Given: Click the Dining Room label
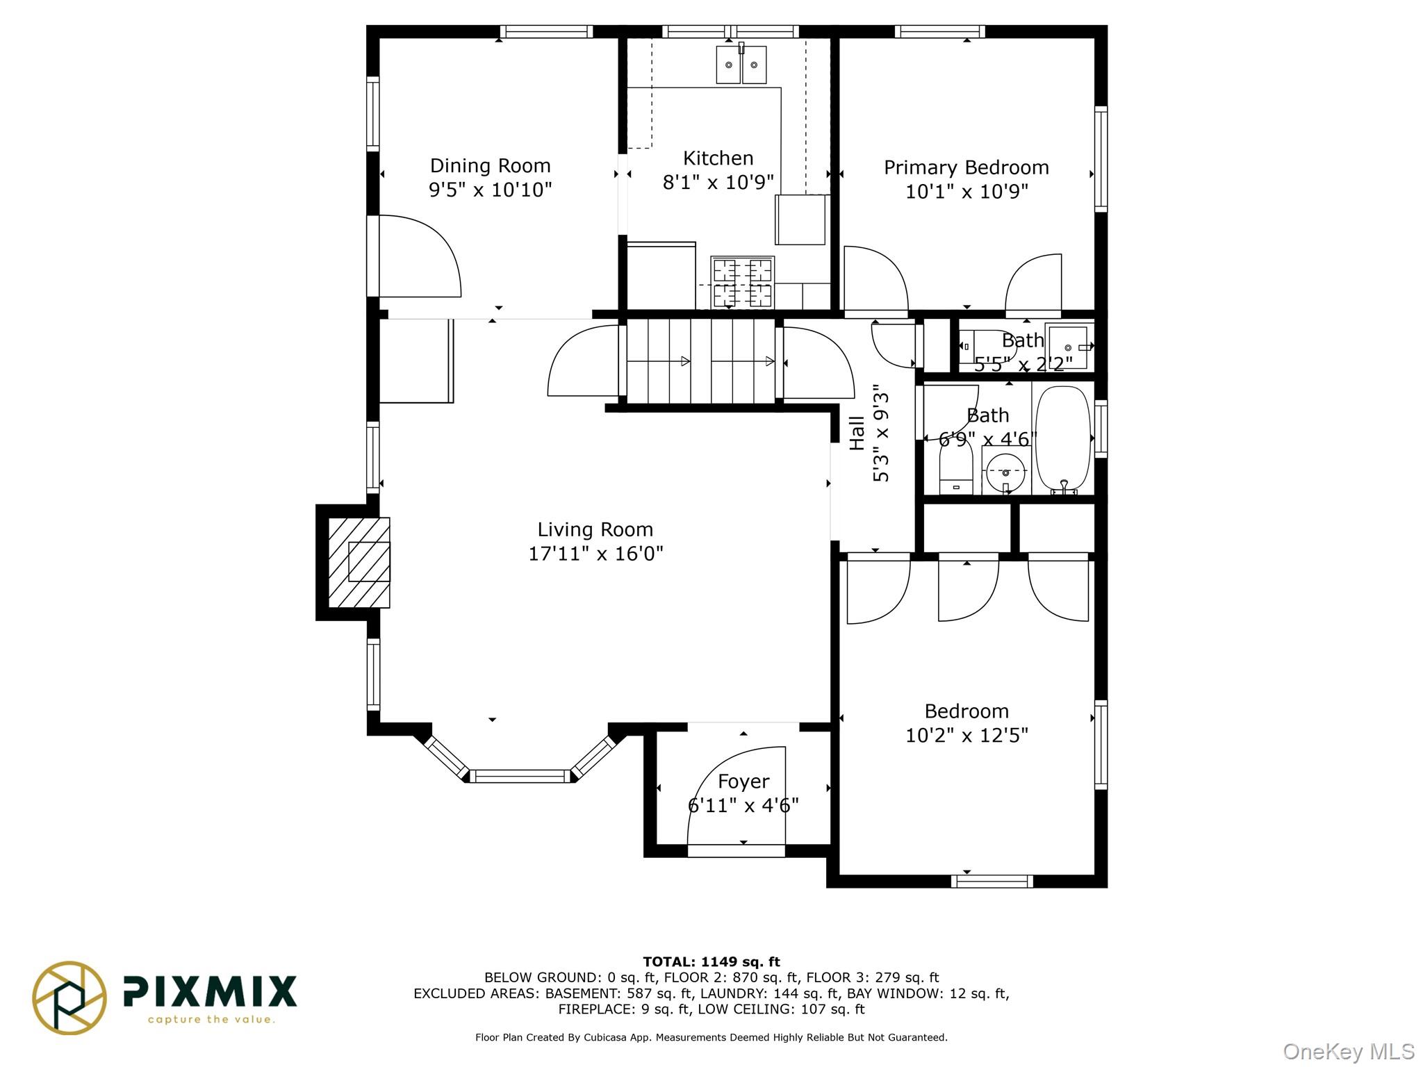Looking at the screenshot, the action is [x=490, y=166].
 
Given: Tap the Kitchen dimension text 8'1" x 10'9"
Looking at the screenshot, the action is [x=718, y=183].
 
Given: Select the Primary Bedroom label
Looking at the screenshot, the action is [x=966, y=168].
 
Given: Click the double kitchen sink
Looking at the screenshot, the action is [x=741, y=65].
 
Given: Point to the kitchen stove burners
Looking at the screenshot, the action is [x=742, y=282].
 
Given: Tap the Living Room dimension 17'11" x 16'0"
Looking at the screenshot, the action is [x=595, y=554].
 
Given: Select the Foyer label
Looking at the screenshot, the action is [x=743, y=781].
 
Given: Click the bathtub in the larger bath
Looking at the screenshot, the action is [x=1062, y=440].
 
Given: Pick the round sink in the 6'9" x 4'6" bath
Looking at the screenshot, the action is [x=1005, y=472].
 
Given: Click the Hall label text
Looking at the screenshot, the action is [x=857, y=433].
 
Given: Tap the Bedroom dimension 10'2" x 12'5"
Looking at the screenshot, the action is [x=967, y=735].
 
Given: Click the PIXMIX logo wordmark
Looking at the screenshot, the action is [x=210, y=991].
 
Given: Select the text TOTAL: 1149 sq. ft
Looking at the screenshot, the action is [x=711, y=962].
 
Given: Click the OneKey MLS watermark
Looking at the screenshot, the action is [x=1348, y=1052].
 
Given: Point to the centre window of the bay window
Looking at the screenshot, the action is [x=520, y=776].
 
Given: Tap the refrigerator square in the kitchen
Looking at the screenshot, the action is [x=800, y=220].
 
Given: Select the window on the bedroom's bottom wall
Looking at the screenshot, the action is [x=992, y=882].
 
